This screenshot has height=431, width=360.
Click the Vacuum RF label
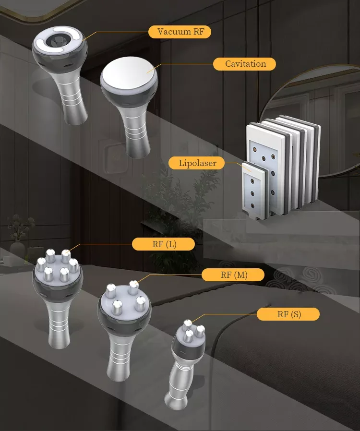click(180, 32)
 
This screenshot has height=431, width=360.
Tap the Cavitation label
click(245, 64)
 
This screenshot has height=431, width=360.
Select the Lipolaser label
click(197, 163)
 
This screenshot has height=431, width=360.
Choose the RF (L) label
click(164, 244)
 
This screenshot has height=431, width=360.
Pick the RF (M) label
click(233, 275)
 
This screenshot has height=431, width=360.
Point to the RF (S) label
click(288, 314)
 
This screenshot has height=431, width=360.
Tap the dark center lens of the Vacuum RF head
click(58, 41)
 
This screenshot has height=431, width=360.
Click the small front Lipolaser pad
click(255, 191)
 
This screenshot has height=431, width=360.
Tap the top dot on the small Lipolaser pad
click(252, 181)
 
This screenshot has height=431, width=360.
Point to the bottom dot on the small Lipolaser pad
click(252, 205)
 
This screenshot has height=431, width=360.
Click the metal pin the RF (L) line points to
click(66, 256)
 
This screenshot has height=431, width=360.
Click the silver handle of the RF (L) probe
click(59, 325)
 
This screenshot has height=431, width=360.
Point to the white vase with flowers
click(17, 249)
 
